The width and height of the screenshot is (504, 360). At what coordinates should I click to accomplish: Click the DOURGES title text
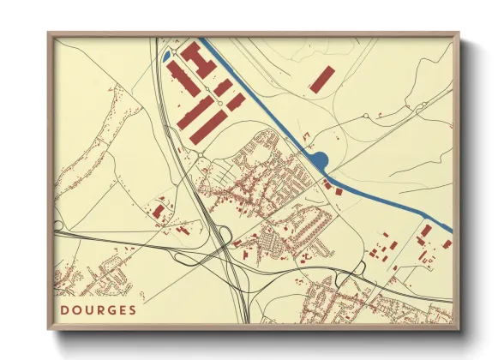99,309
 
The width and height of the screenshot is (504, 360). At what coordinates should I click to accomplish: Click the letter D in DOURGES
65,309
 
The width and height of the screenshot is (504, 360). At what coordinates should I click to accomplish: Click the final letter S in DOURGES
132,309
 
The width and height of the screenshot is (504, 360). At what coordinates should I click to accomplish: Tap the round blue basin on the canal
320,160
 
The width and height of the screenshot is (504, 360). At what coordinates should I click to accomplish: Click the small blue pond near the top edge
166,57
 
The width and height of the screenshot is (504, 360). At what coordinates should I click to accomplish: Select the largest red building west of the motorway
159,211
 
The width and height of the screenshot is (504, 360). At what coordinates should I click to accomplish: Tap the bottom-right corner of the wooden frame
459,329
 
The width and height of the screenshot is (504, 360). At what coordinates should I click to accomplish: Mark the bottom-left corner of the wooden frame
49,329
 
